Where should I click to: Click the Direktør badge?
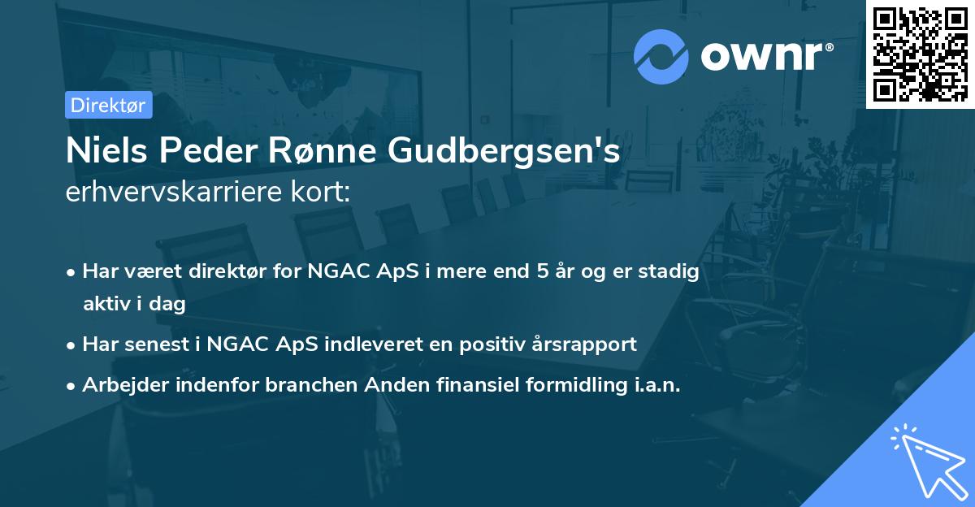[108, 105]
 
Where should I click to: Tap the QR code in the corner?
[920, 54]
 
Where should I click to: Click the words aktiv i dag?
[134, 304]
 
